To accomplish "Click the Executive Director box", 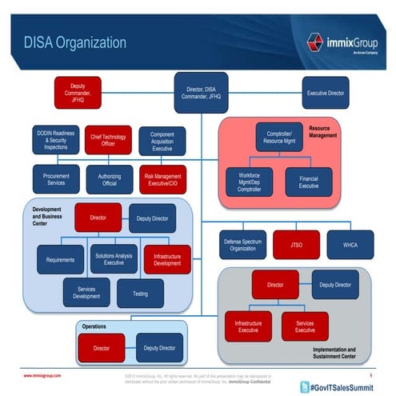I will pos(326,93).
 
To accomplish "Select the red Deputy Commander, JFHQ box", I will pos(77,92).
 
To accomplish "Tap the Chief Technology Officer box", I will pos(108,139).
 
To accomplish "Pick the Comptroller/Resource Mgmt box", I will pos(279,136).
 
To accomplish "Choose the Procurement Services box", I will pos(56,179).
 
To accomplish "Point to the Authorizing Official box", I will pos(110,179).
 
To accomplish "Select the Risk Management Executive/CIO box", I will pos(162,179).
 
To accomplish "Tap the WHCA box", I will pos(350,244).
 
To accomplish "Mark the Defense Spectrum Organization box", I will pos(242,244).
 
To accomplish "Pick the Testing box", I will pos(140,293).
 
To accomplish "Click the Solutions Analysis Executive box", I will pos(113,258).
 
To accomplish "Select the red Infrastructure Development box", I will pos(166,258).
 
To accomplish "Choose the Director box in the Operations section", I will pos(102,348).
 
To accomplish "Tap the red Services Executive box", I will pos(305,326).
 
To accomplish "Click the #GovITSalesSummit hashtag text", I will pos(344,386).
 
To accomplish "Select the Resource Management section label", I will pos(347,131).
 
